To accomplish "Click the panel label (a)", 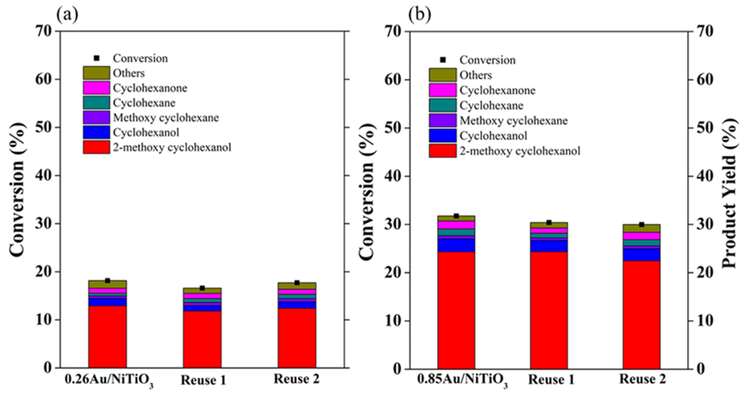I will (x=67, y=14).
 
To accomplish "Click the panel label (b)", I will (x=419, y=14).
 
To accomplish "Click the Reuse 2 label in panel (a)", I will (x=296, y=379).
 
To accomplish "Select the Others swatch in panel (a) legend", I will (x=96, y=73).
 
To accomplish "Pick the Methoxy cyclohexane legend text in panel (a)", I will (x=166, y=118).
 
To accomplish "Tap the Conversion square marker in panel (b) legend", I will (x=443, y=60).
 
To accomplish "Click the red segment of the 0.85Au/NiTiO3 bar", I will (x=456, y=310).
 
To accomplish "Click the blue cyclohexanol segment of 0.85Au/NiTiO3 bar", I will (x=456, y=245).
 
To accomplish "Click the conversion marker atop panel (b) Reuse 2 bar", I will (x=642, y=224).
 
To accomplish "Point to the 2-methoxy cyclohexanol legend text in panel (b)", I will (x=520, y=151).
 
